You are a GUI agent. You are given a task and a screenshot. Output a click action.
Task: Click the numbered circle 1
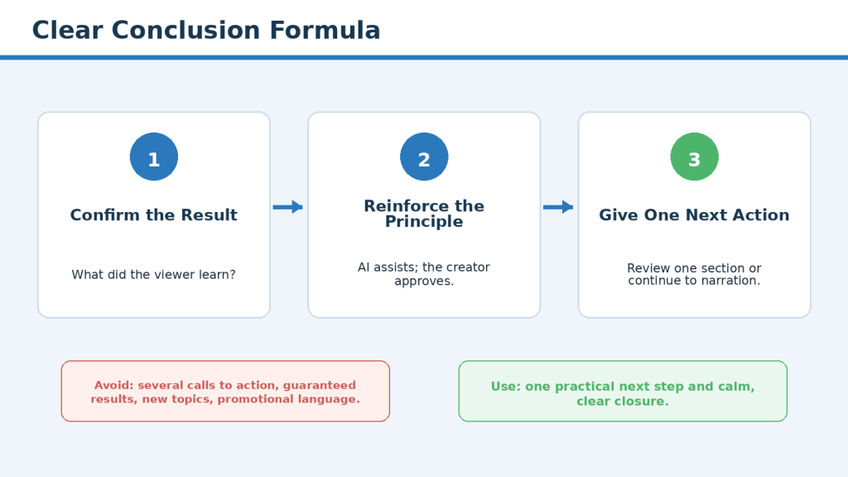pos(153,157)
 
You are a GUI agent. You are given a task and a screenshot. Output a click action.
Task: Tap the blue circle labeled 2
pos(424,157)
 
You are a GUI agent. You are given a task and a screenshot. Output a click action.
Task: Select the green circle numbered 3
pos(695,157)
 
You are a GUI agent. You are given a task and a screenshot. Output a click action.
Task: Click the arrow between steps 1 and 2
pos(287,207)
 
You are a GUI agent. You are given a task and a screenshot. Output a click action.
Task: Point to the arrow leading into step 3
pos(558,207)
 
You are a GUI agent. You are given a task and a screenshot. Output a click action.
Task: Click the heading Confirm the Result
pos(153,215)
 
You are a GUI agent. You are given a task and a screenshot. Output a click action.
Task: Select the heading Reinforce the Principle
pos(424,214)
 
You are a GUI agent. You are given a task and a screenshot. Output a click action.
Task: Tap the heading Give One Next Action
pos(695,215)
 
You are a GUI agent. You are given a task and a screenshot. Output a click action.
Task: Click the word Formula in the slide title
pos(325,31)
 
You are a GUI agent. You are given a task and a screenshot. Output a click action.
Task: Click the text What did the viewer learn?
pos(153,275)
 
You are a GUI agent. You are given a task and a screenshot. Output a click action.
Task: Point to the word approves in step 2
pos(422,282)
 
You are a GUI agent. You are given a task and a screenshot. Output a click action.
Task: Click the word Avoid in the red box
pos(113,385)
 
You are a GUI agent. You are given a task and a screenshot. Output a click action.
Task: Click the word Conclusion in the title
pos(186,31)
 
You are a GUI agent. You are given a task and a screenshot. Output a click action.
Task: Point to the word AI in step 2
pos(364,267)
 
